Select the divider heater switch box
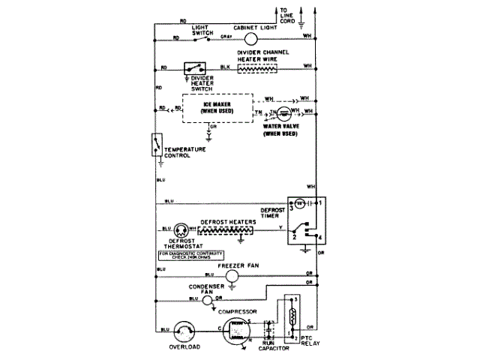tap(196, 67)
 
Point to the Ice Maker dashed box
tap(217, 109)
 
